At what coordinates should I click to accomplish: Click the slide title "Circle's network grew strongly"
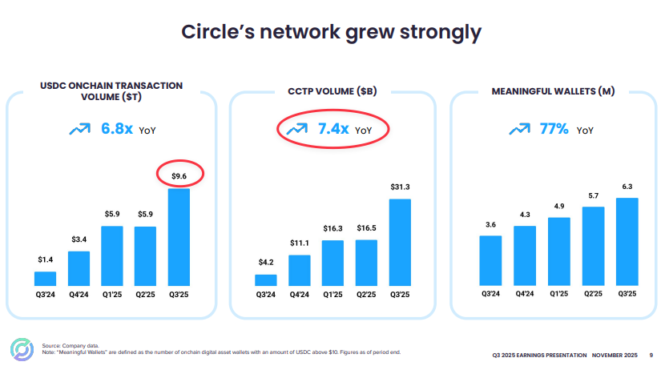[x=331, y=32]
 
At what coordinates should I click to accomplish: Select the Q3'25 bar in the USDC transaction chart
[x=179, y=237]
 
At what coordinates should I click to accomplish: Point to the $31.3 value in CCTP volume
[x=399, y=187]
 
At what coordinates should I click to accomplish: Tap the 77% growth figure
[x=554, y=129]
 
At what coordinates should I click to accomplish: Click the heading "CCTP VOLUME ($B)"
[x=332, y=92]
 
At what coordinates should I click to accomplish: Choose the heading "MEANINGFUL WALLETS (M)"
[x=553, y=92]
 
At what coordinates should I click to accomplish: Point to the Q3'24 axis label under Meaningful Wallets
[x=490, y=295]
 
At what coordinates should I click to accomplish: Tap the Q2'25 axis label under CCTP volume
[x=366, y=295]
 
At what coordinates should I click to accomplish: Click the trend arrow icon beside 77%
[x=518, y=129]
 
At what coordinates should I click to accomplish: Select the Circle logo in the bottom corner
[x=19, y=351]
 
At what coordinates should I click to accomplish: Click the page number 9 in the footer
[x=651, y=355]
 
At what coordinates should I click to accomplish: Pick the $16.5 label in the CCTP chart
[x=366, y=228]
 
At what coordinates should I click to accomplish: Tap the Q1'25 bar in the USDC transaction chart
[x=112, y=255]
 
